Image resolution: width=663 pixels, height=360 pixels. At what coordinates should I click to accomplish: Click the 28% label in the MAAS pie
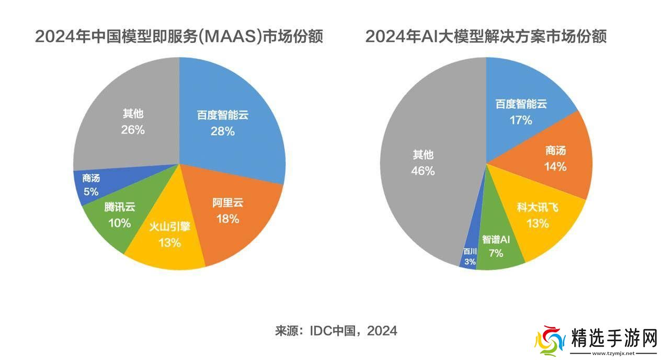tap(223, 131)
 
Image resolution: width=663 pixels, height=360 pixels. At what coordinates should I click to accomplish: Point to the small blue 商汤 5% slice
tap(90, 185)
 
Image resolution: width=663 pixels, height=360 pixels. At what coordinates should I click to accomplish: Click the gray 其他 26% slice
tap(131, 123)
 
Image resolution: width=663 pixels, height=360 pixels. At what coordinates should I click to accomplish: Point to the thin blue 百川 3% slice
tap(470, 256)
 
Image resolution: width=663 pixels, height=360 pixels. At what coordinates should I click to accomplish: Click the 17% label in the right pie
tap(521, 120)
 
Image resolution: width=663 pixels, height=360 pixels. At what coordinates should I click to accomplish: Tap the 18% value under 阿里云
tap(227, 219)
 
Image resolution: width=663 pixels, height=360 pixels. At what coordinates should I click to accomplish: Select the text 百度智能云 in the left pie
tap(223, 115)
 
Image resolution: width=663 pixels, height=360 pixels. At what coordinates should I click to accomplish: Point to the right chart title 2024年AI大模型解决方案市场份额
tap(486, 37)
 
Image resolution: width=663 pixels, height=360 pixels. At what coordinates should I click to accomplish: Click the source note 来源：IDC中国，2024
tap(336, 331)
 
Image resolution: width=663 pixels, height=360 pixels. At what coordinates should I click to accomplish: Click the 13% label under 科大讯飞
tap(538, 224)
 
